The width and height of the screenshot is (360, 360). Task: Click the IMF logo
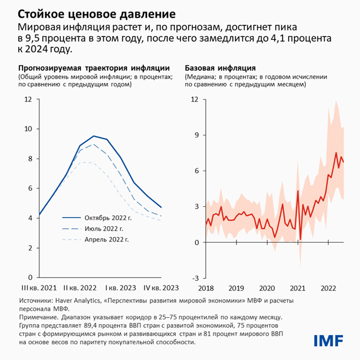pos(327,340)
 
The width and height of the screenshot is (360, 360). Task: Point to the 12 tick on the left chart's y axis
pos(28,99)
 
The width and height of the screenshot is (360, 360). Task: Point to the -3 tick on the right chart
pos(195,278)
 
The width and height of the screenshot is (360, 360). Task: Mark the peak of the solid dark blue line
pos(93,136)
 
